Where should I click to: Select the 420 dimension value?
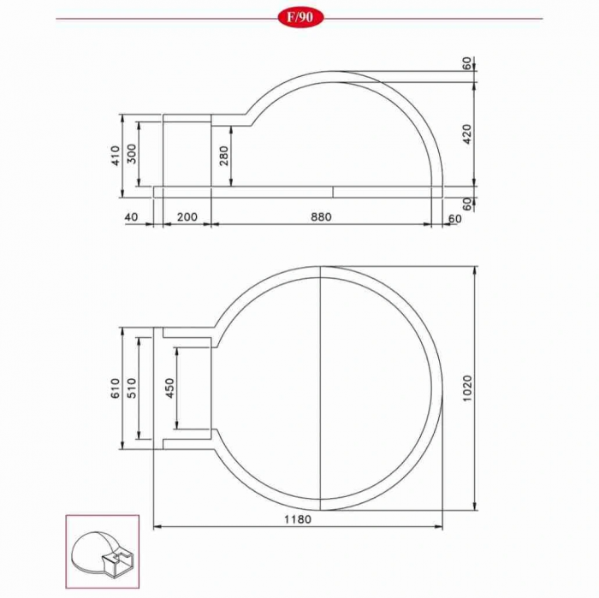pos(466,133)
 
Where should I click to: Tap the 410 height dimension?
pos(115,156)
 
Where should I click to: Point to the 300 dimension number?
pos(132,156)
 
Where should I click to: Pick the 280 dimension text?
pos(224,156)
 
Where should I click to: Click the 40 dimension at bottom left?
pos(131,217)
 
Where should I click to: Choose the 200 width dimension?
pos(187,217)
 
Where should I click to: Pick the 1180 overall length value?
pos(298,519)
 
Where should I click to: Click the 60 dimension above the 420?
pos(466,63)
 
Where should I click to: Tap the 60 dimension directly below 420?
pos(466,203)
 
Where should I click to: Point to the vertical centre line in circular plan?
pos(319,385)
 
